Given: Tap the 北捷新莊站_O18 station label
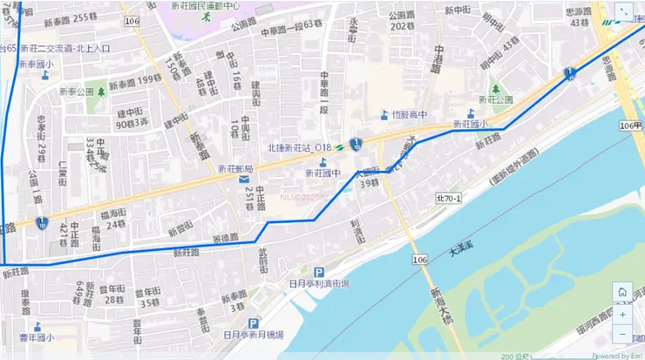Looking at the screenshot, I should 300,146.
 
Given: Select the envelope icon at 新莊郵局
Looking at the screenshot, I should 242,180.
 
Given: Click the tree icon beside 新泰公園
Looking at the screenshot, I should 102,91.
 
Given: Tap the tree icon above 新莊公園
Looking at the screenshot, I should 495,88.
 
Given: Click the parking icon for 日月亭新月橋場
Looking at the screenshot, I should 253,322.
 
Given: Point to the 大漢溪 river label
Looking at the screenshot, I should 465,252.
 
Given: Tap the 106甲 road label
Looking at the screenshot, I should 630,126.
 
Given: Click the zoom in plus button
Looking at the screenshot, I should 621,314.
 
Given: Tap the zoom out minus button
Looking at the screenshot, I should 621,334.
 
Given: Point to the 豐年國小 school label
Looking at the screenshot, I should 37,337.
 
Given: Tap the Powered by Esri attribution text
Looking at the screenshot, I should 617,356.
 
